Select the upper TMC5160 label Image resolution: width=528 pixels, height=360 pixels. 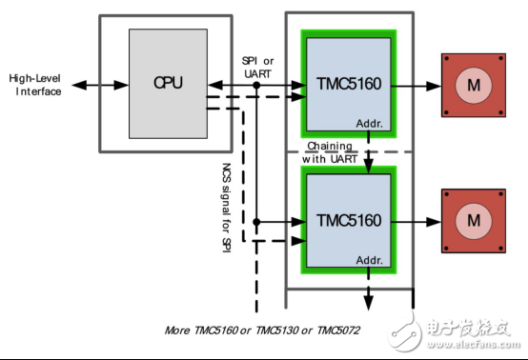click(x=348, y=83)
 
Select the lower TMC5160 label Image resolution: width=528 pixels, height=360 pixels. click(x=348, y=221)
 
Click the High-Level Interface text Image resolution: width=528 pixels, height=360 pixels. click(x=35, y=85)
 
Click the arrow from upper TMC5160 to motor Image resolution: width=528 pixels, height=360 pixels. click(x=415, y=85)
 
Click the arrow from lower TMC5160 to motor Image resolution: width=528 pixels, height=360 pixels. click(x=415, y=221)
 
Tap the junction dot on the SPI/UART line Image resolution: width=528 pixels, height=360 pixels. click(x=257, y=85)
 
